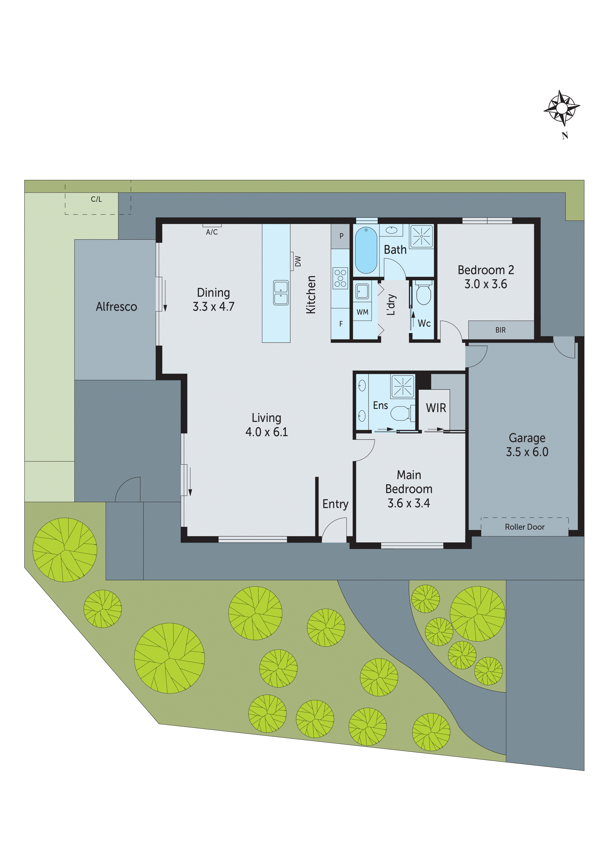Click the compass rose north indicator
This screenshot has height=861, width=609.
point(561,109)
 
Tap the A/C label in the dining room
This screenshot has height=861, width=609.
point(212,232)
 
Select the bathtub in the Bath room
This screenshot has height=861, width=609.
point(366,250)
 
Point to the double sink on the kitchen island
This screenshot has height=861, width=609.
point(281,293)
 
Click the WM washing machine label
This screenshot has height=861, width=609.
point(362,312)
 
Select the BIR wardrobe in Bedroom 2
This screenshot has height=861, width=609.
point(500,330)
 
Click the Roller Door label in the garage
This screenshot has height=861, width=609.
point(524,527)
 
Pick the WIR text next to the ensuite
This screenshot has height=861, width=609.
point(436,408)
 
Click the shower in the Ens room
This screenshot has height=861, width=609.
point(403,386)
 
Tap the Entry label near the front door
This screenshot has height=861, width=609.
point(335,504)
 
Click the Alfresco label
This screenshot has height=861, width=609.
point(116,307)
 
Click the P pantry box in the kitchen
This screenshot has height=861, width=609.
point(341,236)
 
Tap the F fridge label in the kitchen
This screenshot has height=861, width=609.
point(341,324)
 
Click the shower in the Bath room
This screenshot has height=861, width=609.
point(421,237)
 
